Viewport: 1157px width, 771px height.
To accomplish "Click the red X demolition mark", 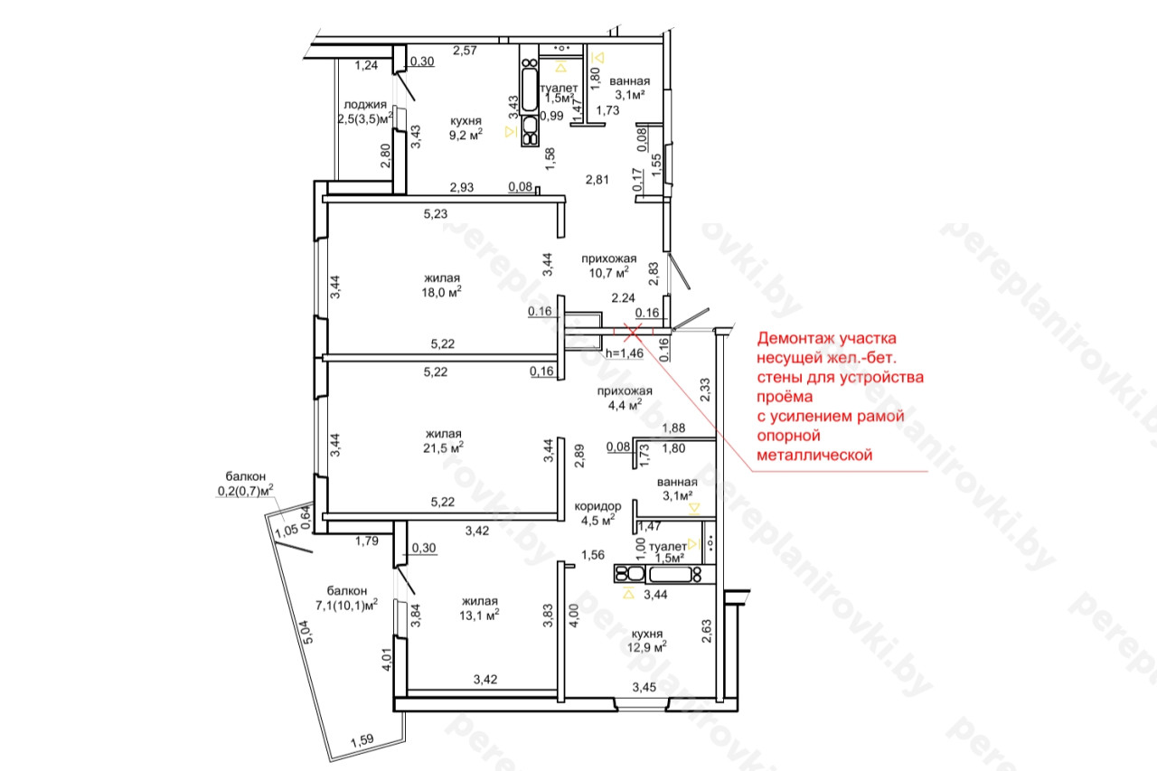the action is pos(633,332).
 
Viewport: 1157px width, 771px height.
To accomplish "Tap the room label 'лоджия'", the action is pos(365,105).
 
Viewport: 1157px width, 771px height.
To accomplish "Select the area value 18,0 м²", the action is pos(442,292).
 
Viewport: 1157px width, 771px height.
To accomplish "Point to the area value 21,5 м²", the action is pos(443,447).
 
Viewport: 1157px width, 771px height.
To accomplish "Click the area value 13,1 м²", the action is pos(479,615).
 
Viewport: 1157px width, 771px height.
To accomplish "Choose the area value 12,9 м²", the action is pos(646,646).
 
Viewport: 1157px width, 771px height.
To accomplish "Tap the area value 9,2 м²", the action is pos(466,135).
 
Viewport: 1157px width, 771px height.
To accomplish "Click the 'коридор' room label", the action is pos(597,506).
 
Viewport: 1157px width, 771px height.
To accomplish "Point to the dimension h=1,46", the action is pos(625,353).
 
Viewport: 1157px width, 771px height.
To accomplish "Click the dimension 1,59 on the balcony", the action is pos(362,740).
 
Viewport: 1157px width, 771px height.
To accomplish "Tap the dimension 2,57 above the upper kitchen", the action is pos(465,51).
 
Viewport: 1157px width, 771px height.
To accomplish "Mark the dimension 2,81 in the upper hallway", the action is pos(597,180).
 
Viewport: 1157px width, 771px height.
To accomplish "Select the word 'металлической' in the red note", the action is pos(814,455).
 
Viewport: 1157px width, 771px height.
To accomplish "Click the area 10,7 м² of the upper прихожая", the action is pos(609,272).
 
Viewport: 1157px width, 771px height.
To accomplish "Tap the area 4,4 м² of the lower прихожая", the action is pos(625,405).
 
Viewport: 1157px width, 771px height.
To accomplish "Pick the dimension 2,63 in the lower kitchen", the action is pos(706,631).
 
